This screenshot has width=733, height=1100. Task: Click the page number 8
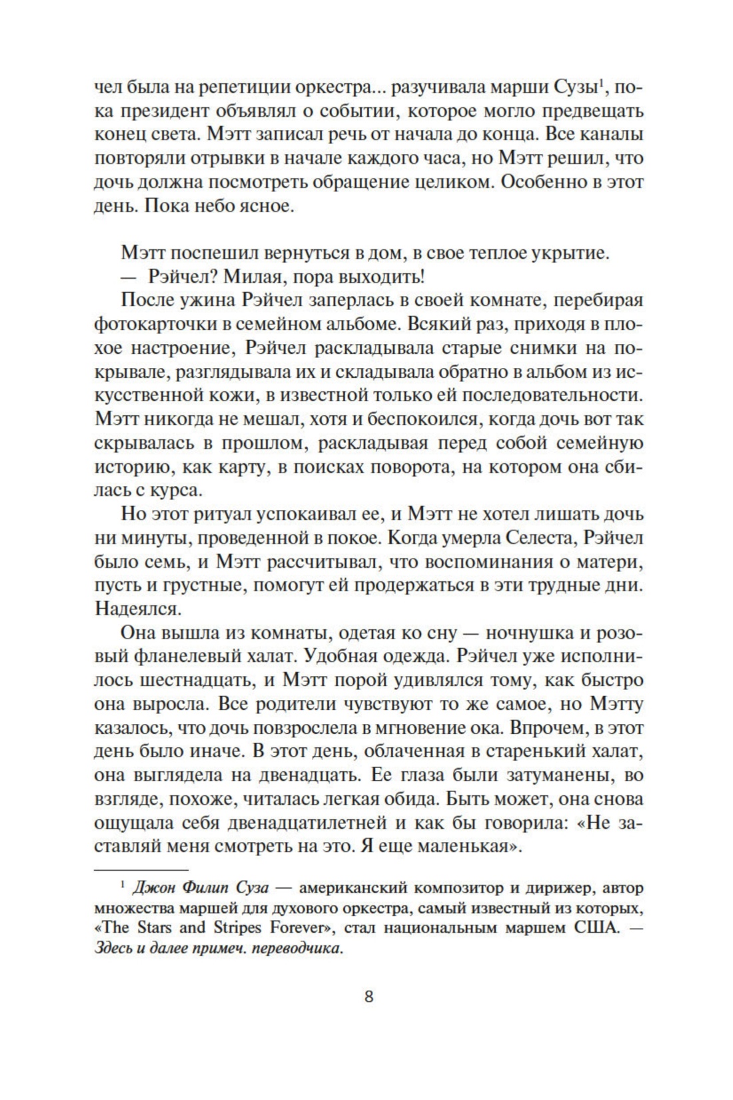tap(368, 1017)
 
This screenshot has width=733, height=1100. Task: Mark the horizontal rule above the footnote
tap(142, 870)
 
